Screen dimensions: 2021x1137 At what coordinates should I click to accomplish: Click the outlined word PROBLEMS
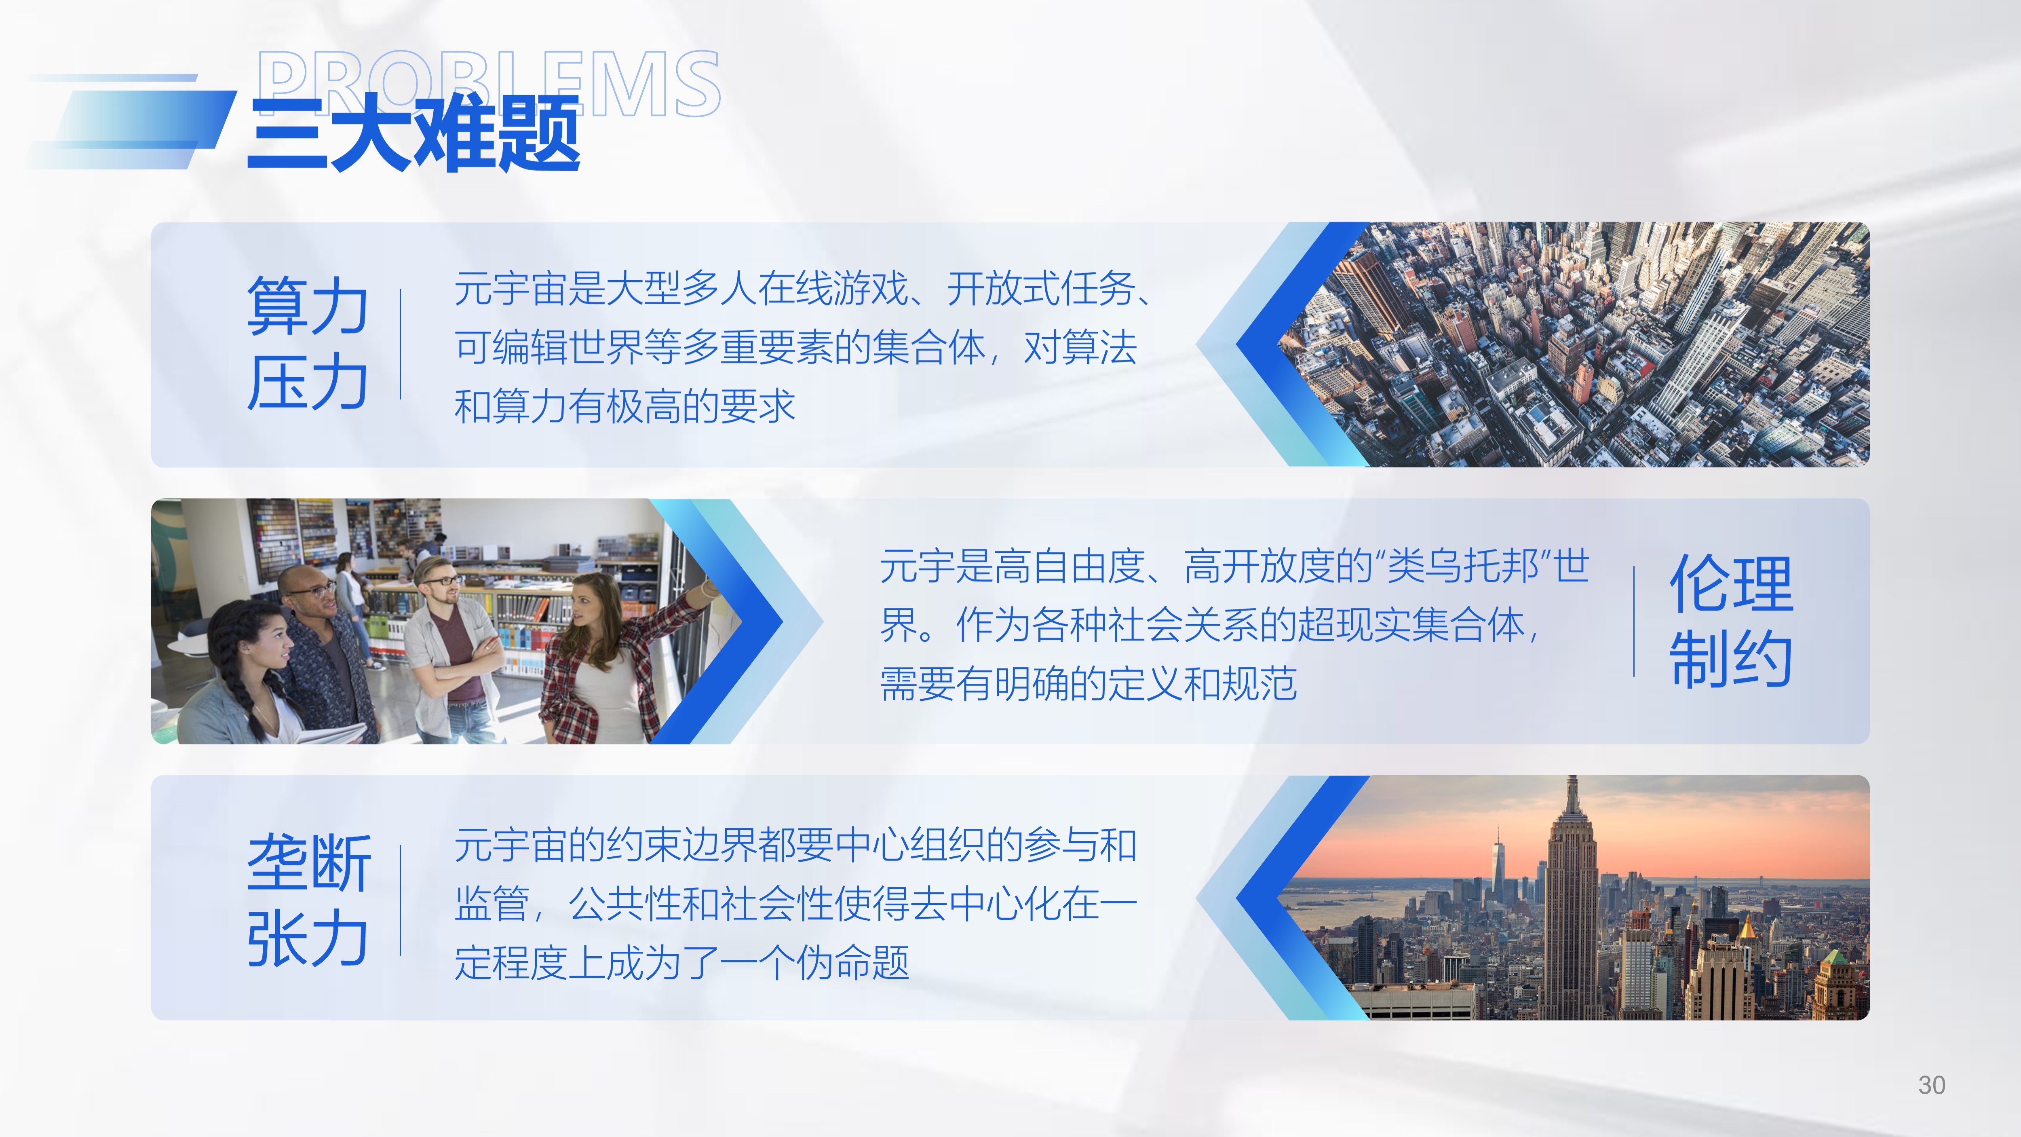coord(488,83)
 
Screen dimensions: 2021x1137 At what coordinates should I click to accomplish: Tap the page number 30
coord(1932,1085)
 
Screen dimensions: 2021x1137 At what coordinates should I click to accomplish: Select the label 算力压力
coord(308,344)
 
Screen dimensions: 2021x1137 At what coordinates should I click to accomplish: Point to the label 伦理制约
coord(1731,621)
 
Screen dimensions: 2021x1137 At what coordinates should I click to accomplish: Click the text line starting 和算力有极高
coord(624,406)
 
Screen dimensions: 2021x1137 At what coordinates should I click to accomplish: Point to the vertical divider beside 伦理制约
coord(1634,621)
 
